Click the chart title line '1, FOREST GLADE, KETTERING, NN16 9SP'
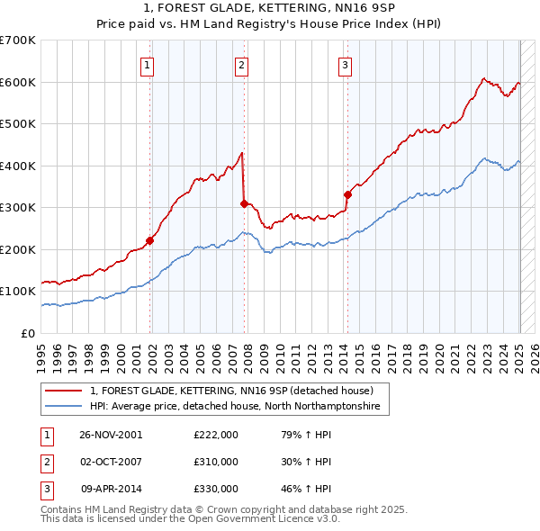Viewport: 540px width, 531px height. (x=270, y=8)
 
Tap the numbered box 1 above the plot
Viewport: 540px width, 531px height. (x=146, y=64)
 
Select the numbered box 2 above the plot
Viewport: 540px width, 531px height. (x=242, y=64)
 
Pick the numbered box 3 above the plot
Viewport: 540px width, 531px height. (x=345, y=64)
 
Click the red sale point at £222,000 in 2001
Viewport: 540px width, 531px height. (x=150, y=240)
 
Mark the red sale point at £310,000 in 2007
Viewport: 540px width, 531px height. (x=244, y=203)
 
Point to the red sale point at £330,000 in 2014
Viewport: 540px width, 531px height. (x=347, y=194)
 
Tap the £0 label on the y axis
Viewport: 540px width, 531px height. (x=28, y=333)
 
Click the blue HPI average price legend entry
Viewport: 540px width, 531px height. (x=235, y=407)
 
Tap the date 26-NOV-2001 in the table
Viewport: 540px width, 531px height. (x=111, y=435)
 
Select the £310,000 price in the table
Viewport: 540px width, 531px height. (x=216, y=462)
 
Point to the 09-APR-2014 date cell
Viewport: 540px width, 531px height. (x=112, y=489)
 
